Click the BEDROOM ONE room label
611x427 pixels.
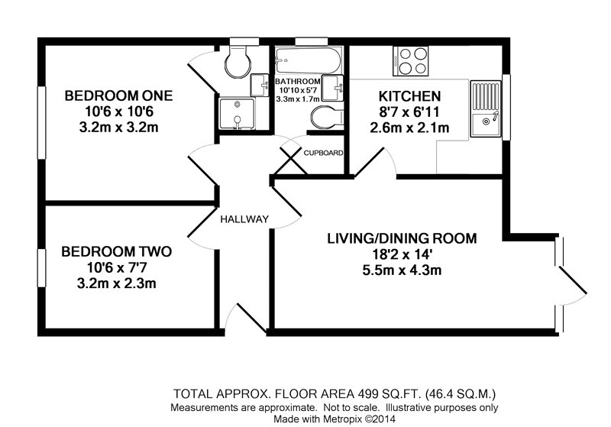coord(118,95)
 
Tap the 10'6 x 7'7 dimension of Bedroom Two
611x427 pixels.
coord(117,267)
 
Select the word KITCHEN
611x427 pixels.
coord(409,96)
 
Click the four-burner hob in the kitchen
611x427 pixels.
coord(410,61)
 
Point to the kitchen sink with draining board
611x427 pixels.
coord(486,108)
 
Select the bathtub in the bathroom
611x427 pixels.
coord(309,60)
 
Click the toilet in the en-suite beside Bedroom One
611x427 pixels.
coord(238,62)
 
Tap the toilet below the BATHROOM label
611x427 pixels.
coord(328,117)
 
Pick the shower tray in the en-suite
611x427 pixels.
coord(237,114)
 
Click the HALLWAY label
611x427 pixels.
coord(244,219)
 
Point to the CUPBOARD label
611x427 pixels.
coord(323,153)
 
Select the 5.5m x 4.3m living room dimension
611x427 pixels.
coord(402,270)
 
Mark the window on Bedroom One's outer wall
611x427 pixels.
coord(42,122)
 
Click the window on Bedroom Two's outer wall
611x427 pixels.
coord(42,268)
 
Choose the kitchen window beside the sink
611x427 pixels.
coord(506,107)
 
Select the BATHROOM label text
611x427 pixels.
coord(298,82)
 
